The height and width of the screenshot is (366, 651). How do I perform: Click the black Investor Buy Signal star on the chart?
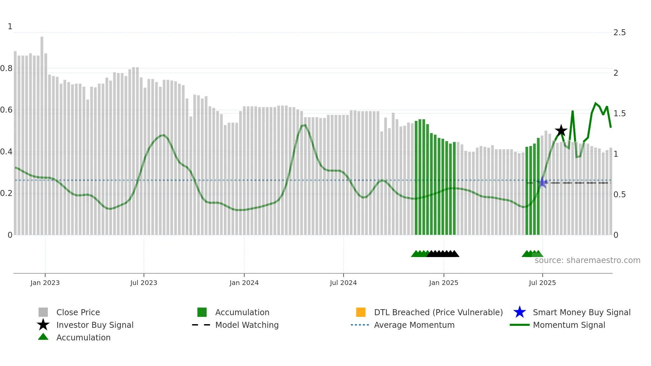[x=561, y=131]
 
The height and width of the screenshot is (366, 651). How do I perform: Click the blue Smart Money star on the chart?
[x=542, y=182]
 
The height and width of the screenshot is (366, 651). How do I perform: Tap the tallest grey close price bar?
[x=42, y=133]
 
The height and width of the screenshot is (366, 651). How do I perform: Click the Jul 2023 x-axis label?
[x=143, y=283]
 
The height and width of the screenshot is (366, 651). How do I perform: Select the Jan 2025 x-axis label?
[x=443, y=283]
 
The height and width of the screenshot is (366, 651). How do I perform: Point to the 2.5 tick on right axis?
[x=619, y=33]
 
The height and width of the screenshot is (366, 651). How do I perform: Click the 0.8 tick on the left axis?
[x=7, y=68]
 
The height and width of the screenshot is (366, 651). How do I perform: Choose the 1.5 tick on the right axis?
[x=619, y=114]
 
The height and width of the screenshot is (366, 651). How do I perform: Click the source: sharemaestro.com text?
[x=587, y=260]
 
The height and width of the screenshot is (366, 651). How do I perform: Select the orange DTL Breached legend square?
[x=361, y=312]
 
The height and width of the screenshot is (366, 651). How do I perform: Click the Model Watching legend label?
[x=247, y=325]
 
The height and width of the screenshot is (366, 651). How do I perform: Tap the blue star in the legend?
[x=519, y=312]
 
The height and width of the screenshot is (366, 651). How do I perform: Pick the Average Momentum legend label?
[x=414, y=325]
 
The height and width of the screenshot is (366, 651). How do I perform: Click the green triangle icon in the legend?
[x=43, y=337]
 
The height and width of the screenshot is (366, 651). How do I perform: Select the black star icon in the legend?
[x=43, y=325]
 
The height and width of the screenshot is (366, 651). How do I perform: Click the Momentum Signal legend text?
[x=569, y=325]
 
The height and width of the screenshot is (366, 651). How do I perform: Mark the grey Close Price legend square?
[x=43, y=312]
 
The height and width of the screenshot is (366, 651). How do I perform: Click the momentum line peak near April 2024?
[x=304, y=125]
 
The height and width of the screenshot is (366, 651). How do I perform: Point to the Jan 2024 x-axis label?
[x=244, y=283]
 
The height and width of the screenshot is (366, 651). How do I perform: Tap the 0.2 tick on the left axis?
[x=7, y=193]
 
